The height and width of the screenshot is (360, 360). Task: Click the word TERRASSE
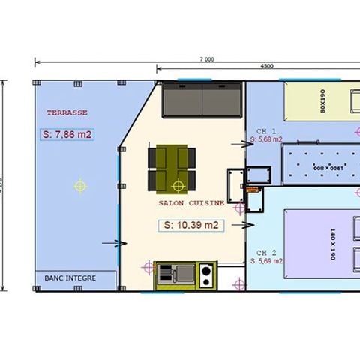[67, 112]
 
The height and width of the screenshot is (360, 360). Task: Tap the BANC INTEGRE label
[70, 278]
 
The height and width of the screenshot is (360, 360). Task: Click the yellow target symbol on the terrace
[80, 186]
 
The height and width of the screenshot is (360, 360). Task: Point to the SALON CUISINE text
[190, 203]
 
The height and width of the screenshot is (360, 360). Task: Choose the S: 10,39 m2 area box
[190, 224]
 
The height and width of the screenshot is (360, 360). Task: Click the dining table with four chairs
[172, 169]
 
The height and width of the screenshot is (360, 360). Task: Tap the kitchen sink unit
[175, 276]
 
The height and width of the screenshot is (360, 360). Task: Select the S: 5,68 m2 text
[266, 139]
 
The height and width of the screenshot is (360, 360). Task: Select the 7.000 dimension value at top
[207, 59]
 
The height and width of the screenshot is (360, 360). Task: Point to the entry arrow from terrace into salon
[110, 243]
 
